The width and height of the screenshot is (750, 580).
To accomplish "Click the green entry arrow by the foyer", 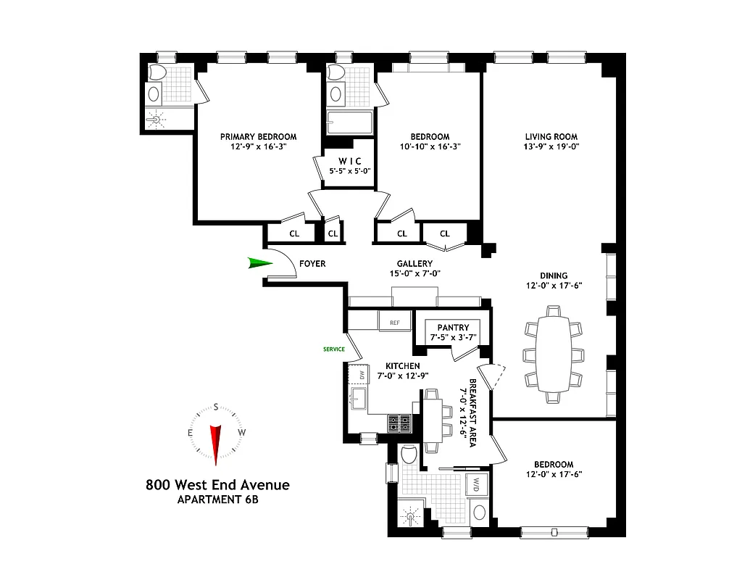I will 258,263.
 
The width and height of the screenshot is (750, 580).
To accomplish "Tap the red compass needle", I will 215,443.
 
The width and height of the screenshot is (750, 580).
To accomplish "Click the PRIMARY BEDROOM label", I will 259,136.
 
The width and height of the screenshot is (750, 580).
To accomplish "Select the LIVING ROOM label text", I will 551,136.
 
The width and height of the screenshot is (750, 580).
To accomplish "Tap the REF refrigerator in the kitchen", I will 394,322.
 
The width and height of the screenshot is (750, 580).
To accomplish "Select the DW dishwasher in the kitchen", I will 359,376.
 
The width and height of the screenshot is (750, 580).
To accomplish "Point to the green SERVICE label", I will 334,349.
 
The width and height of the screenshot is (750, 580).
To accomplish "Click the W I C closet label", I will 345,161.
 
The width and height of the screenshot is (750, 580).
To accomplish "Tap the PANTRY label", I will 453,328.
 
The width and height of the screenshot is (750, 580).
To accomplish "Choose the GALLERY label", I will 414,264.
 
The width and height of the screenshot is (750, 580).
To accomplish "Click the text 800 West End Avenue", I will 217,484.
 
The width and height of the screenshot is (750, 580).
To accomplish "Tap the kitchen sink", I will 358,397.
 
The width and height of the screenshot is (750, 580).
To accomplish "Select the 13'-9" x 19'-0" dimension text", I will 551,146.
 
